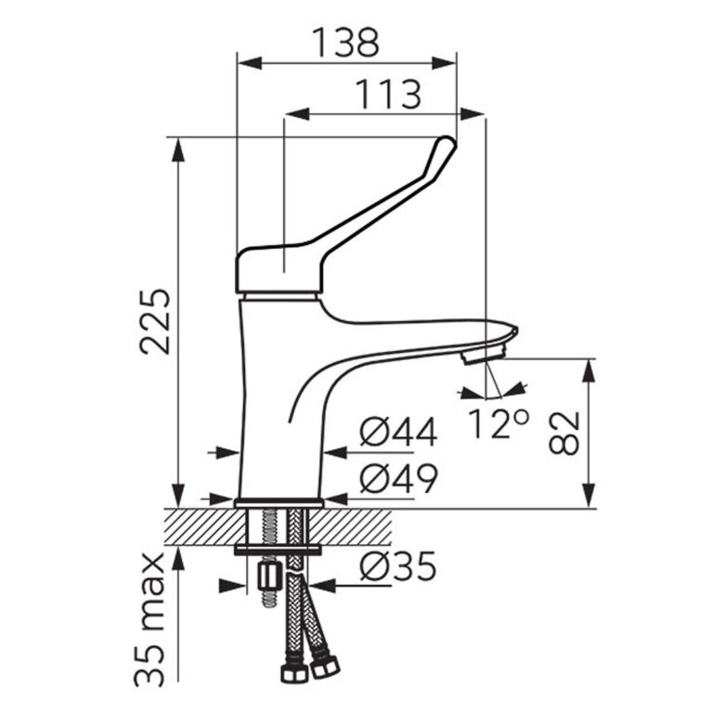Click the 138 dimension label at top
pos(345,43)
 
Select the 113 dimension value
pos(388,94)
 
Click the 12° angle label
pos(499,423)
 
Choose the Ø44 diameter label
pos(398,432)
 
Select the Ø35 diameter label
pos(398,566)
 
